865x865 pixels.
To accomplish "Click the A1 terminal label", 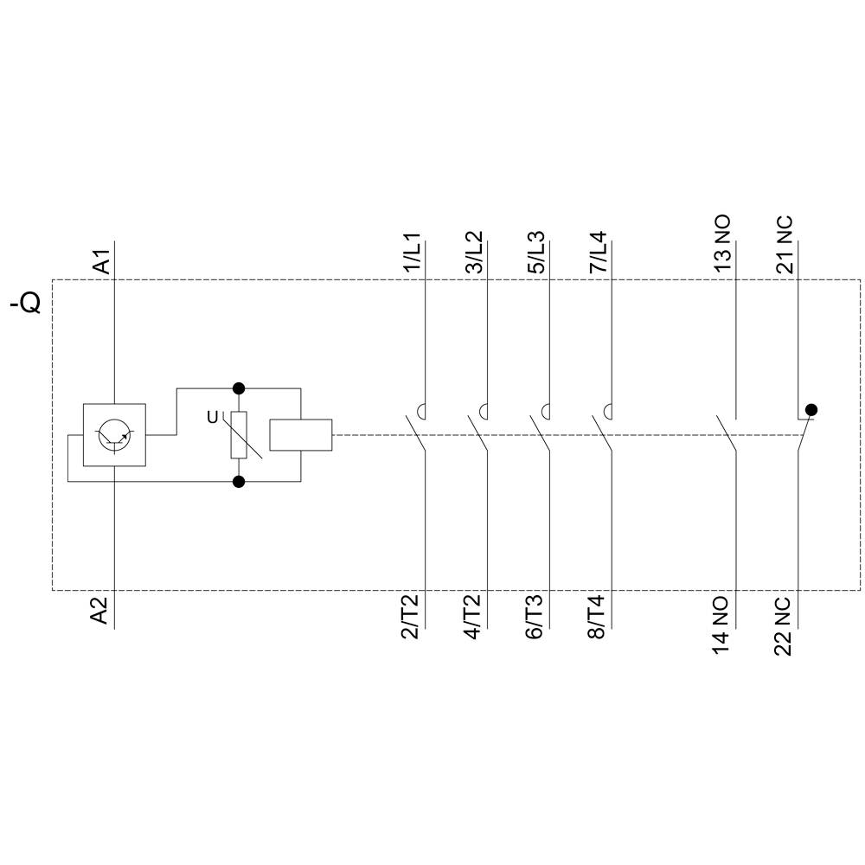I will [101, 262].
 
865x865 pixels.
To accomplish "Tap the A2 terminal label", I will [101, 610].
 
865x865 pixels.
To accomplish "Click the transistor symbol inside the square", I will [114, 434].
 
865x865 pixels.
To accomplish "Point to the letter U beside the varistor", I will [212, 418].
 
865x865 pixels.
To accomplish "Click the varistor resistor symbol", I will [239, 434].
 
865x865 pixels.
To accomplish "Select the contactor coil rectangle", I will [301, 434].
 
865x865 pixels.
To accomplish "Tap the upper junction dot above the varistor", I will [239, 388].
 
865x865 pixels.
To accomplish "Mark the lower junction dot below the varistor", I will [239, 481].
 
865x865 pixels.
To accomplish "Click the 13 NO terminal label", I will [722, 245].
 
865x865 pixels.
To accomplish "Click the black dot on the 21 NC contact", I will [811, 409].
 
